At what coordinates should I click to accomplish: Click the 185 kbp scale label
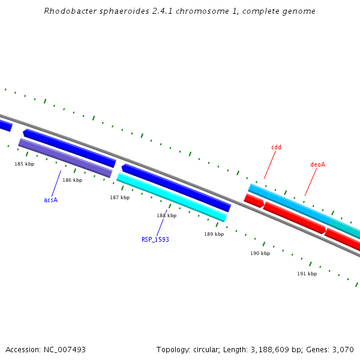[25, 164]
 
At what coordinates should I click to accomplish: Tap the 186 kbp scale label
[72, 180]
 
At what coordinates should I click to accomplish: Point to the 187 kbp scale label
[119, 197]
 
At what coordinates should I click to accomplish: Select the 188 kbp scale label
[167, 215]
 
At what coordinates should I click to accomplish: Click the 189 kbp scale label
[214, 234]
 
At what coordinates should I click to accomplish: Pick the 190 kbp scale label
[260, 253]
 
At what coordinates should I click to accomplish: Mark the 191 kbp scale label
[307, 274]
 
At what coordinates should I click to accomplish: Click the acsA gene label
[50, 200]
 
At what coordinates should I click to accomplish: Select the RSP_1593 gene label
[155, 239]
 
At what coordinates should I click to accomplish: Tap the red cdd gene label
[276, 147]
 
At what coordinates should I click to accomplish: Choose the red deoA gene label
[317, 164]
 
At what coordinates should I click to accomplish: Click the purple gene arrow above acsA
[65, 158]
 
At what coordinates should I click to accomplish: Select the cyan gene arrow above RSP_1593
[172, 197]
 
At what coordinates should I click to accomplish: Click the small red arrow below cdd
[254, 201]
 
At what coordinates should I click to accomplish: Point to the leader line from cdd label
[270, 164]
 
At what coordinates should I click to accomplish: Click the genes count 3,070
[343, 349]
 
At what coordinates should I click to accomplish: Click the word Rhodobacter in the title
[70, 11]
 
